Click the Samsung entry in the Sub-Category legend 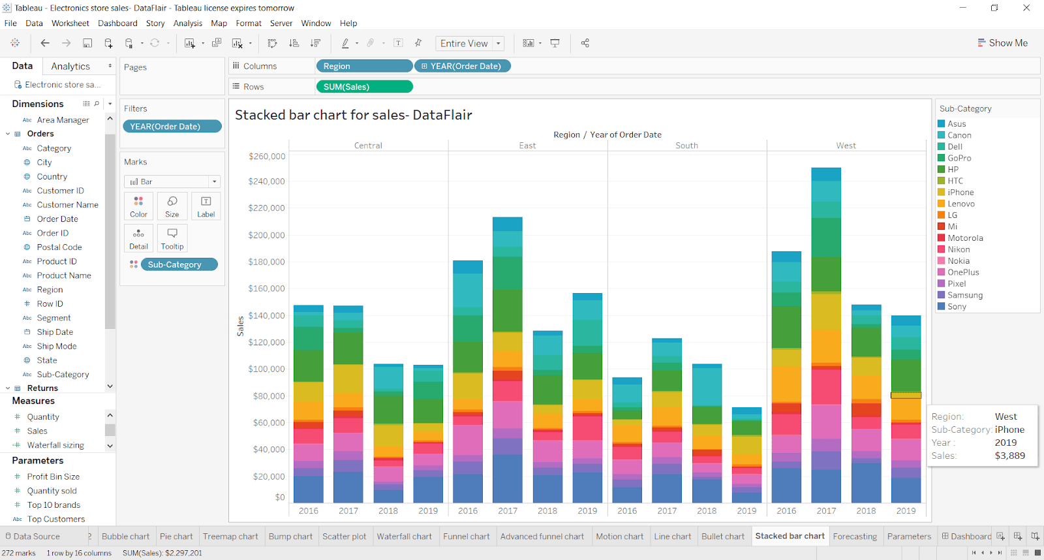tap(964, 295)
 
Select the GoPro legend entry tap(959, 158)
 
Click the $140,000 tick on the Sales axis tap(266, 315)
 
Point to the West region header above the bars tap(846, 146)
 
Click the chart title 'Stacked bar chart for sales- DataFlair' tap(353, 115)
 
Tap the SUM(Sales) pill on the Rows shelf tap(363, 87)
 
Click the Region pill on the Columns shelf tap(363, 66)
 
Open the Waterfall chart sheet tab tap(404, 537)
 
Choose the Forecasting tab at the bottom tap(854, 537)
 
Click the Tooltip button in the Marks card tap(172, 238)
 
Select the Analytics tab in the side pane tap(70, 67)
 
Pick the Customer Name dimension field tap(67, 205)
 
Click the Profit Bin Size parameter tap(53, 476)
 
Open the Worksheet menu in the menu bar tap(70, 23)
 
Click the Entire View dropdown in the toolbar tap(470, 44)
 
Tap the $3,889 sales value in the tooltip tap(1009, 456)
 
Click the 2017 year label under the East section tap(507, 511)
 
